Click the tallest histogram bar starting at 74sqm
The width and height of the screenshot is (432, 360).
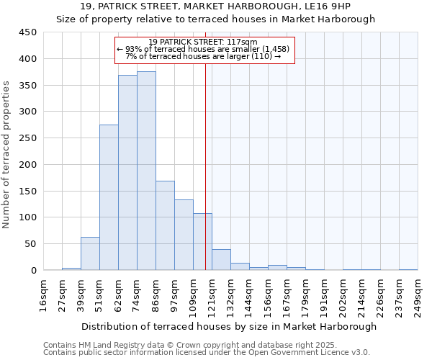click(146, 171)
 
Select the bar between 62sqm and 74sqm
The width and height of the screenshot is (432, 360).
click(127, 173)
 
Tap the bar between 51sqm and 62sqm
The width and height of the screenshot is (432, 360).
click(109, 197)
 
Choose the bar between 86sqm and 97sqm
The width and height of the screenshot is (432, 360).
click(165, 225)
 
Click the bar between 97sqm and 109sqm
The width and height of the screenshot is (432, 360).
click(184, 235)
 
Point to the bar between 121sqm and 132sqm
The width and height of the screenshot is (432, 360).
click(221, 260)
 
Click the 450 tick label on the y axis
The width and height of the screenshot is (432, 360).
click(27, 32)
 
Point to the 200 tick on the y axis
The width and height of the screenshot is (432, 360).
click(27, 164)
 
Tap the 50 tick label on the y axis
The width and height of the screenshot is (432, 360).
click(30, 243)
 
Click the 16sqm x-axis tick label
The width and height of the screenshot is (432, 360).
click(43, 297)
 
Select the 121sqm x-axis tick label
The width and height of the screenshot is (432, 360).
click(212, 297)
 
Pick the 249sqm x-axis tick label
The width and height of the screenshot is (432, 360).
click(418, 297)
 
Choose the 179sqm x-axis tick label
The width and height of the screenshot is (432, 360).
click(305, 297)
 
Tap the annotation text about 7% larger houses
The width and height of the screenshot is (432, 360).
click(203, 55)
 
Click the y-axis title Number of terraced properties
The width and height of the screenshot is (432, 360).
click(6, 154)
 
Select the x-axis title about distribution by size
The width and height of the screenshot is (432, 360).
click(229, 326)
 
